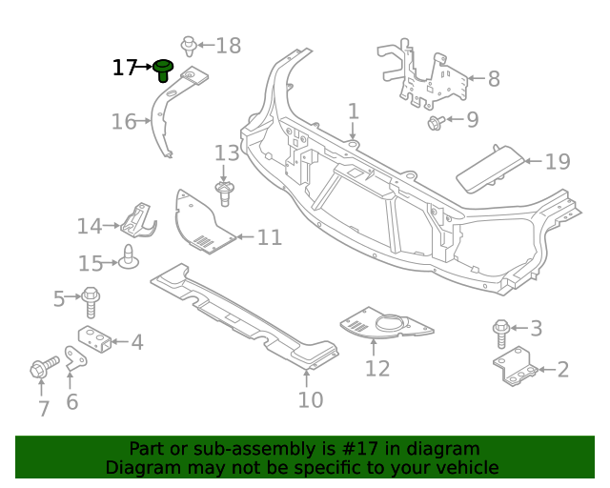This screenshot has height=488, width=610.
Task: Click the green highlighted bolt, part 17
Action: (x=164, y=70)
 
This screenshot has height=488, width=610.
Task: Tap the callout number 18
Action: (x=229, y=45)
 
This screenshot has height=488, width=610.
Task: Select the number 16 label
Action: (x=124, y=121)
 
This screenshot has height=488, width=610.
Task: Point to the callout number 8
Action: (x=493, y=79)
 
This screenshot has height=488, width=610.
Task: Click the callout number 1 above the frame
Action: (x=353, y=112)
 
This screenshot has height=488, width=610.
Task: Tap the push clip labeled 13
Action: (x=225, y=194)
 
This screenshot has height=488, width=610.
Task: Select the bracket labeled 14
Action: (x=138, y=221)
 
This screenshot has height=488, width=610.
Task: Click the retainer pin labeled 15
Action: (x=127, y=257)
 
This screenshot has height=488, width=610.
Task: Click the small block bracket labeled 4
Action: (x=95, y=337)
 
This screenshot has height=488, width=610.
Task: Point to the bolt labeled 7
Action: (x=42, y=368)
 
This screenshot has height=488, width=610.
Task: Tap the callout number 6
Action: (x=71, y=401)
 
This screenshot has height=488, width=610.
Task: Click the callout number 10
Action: (x=310, y=399)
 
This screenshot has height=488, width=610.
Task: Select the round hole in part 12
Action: (x=390, y=327)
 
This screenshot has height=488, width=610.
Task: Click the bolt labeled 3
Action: (x=501, y=333)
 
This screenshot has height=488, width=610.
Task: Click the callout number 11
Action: (x=270, y=236)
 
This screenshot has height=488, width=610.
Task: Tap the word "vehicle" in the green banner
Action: (x=463, y=467)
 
